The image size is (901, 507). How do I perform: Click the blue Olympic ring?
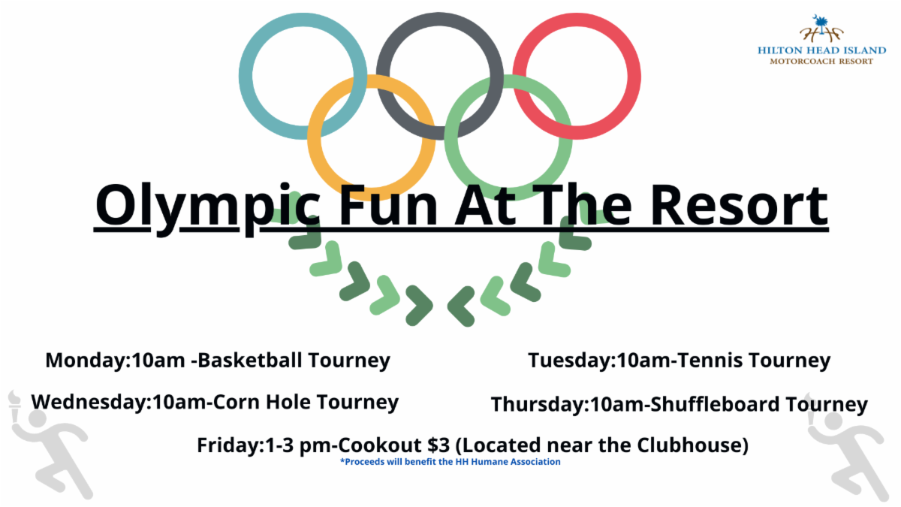click(246, 77)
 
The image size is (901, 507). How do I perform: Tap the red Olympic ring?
click(634, 77)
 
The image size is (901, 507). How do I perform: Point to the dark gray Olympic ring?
click(440, 19)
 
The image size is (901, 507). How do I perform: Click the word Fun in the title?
click(389, 205)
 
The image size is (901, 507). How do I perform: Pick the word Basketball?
click(249, 359)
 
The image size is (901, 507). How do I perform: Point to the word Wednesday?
click(89, 403)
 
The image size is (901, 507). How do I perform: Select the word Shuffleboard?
click(715, 404)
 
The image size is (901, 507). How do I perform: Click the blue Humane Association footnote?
click(450, 462)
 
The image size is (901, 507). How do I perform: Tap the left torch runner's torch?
click(15, 403)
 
